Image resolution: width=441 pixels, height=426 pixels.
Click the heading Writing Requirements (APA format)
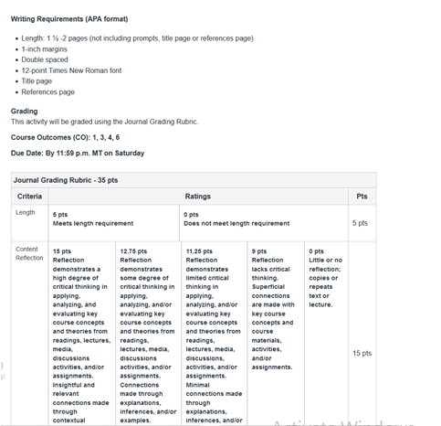click(68, 18)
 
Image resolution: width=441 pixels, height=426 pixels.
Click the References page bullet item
click(55, 91)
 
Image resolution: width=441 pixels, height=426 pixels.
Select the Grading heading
click(25, 112)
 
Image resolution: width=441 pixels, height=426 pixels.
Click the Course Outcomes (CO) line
click(65, 137)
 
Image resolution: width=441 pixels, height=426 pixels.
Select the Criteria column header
click(29, 197)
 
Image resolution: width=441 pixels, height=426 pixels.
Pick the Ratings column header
click(197, 197)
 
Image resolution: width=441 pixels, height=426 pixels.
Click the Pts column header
click(362, 197)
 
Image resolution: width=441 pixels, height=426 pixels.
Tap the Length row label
click(26, 213)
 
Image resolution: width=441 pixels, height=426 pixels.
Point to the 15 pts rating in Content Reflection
click(62, 250)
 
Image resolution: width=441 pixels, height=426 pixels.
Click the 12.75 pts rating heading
click(133, 250)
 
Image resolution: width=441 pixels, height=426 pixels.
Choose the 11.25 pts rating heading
click(199, 250)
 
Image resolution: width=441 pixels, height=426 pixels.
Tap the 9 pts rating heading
click(260, 250)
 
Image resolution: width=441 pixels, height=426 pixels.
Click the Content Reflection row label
click(29, 253)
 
